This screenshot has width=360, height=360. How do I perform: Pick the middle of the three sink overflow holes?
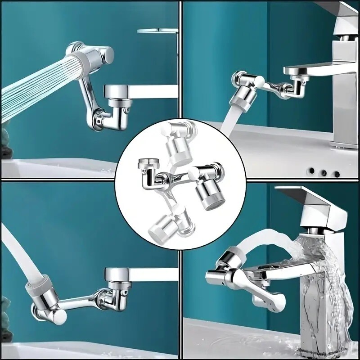323,171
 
